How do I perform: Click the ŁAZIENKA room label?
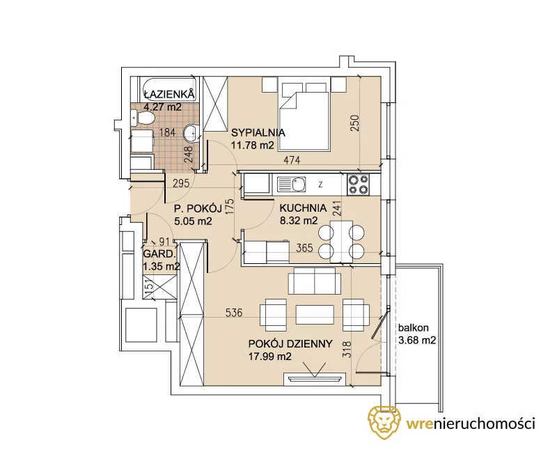point(169,94)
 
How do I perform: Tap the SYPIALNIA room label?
point(258,132)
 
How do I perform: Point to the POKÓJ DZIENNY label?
point(290,343)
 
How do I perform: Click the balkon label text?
point(413,327)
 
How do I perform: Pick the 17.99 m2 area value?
point(270,356)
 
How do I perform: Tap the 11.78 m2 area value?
point(253,145)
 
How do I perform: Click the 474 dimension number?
point(292,160)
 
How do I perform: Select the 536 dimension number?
point(234,313)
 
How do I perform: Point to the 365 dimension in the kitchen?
point(304,248)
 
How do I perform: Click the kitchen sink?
point(292,185)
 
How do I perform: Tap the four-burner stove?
point(358,185)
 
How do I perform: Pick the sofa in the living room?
point(315,281)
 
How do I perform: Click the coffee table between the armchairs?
point(315,315)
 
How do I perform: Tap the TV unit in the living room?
point(315,379)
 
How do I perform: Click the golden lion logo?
point(384,422)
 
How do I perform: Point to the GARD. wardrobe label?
point(159,254)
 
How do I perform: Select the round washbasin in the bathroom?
point(192,133)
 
